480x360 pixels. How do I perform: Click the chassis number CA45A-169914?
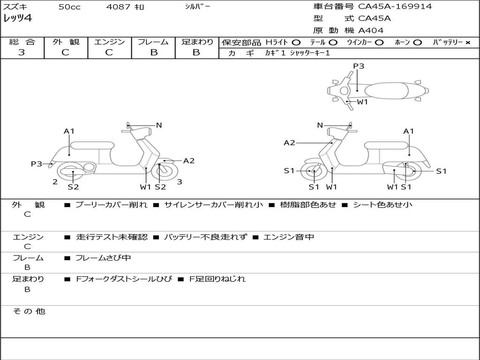point(395,7)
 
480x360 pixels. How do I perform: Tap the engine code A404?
point(371,30)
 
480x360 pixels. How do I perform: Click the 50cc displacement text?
point(68,7)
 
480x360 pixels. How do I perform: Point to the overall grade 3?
point(22,52)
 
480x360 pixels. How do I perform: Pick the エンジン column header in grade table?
point(109,42)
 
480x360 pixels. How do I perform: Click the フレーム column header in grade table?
point(153,42)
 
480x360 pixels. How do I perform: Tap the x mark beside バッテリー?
point(467,42)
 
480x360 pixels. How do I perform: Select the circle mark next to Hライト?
point(296,42)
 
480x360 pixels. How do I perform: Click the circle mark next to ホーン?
point(417,42)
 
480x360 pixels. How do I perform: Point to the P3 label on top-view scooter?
point(359,66)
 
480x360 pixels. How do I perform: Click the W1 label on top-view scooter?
point(362,102)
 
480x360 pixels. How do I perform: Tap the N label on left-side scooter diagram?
point(159,125)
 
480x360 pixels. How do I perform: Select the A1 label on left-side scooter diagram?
point(69,131)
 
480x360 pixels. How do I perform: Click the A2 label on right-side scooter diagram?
point(289,142)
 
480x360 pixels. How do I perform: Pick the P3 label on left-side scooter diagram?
point(37,164)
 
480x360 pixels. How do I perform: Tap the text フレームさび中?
point(103,258)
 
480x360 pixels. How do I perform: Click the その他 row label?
point(29,311)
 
